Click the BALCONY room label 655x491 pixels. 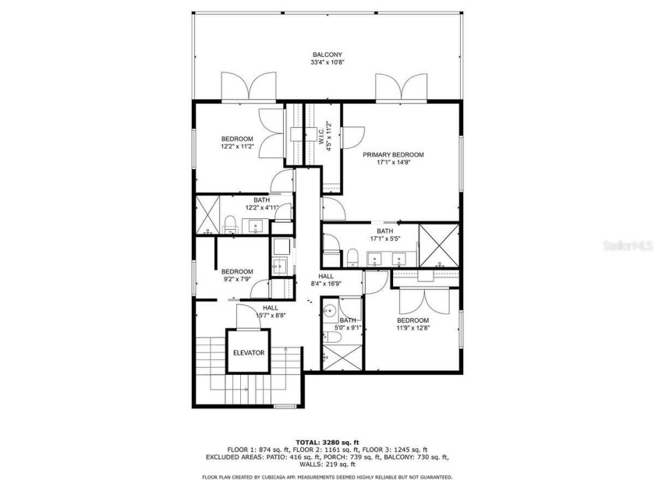click(327, 55)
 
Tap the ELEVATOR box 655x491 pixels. click(249, 353)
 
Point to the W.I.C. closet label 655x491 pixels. click(321, 134)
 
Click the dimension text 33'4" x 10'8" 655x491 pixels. click(327, 62)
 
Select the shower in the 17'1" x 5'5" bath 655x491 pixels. click(438, 242)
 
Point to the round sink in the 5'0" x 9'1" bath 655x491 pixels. click(331, 309)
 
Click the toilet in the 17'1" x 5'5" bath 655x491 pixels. click(353, 256)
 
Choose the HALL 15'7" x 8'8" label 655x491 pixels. click(271, 312)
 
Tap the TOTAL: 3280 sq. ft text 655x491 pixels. click(327, 440)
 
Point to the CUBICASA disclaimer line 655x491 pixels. click(327, 477)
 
